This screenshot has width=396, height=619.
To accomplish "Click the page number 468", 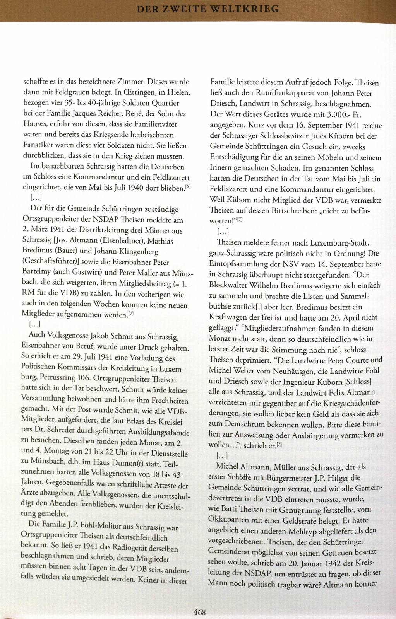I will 199,612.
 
